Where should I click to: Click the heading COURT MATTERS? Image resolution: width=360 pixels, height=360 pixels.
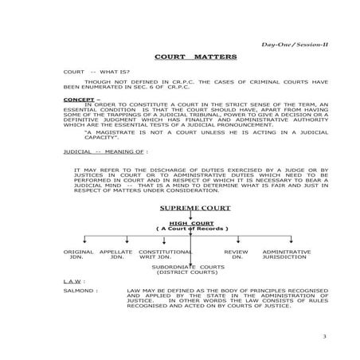tap(179, 58)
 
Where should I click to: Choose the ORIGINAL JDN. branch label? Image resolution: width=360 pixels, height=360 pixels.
tap(78, 254)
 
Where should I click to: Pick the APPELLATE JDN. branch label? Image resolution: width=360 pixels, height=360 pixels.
tap(116, 254)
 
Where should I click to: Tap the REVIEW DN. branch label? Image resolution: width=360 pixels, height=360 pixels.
tap(237, 254)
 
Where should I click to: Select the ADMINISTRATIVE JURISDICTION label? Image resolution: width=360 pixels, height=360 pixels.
tap(286, 254)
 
